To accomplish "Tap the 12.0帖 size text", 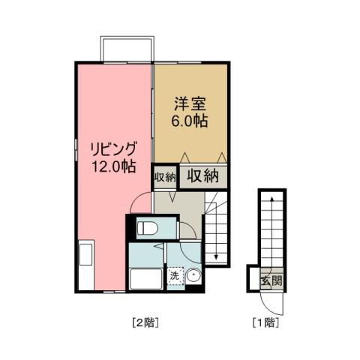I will tap(113, 167).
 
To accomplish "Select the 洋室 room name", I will tap(190, 103).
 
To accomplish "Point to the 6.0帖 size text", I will tap(190, 120).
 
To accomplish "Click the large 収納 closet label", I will tap(202, 176).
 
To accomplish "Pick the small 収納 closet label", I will tap(165, 178).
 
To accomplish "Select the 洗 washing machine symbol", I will tap(175, 276).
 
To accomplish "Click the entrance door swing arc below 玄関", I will tap(271, 301).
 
